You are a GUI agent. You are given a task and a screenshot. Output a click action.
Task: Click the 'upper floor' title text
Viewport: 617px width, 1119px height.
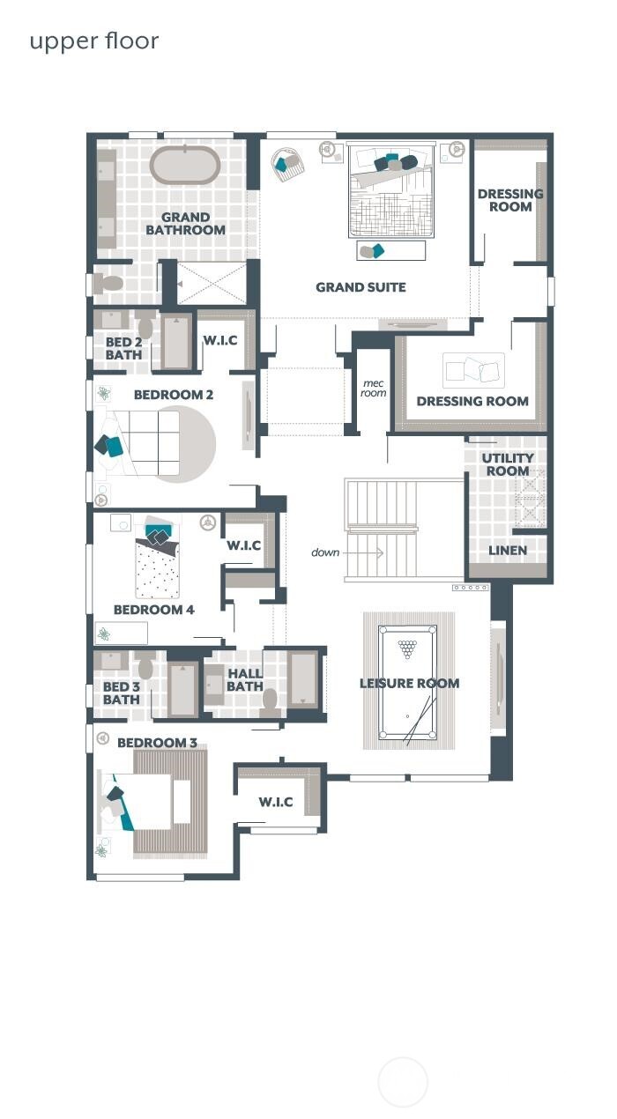coord(94,41)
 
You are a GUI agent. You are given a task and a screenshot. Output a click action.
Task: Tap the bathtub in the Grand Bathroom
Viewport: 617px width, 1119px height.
coord(185,165)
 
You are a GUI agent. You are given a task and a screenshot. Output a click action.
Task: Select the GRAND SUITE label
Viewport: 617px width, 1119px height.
coord(361,287)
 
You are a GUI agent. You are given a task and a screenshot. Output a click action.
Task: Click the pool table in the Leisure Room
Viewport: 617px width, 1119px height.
coord(407,683)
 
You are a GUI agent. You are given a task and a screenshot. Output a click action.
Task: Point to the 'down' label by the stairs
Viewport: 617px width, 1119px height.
coord(325,552)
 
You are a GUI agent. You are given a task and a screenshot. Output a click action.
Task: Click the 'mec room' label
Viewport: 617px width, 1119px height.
coord(374,388)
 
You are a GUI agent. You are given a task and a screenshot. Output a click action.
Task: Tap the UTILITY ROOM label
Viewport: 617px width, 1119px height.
coord(507,464)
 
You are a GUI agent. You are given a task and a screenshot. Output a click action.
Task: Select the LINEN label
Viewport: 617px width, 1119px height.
coord(507,551)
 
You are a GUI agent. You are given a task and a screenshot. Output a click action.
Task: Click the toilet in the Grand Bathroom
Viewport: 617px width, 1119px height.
coord(109,284)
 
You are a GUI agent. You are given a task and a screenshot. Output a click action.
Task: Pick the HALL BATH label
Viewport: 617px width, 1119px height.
coord(244,680)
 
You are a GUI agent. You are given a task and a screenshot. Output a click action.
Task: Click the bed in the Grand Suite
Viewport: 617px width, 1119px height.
coord(391,189)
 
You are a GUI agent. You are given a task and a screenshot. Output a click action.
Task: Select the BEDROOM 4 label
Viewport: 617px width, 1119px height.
coord(153,610)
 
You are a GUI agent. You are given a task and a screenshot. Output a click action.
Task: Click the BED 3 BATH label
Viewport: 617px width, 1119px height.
coord(121,693)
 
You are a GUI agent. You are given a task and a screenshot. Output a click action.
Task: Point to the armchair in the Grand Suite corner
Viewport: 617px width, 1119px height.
coord(286,163)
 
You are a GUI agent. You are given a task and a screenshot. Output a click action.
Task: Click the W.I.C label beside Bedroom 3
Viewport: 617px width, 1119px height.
coord(275,803)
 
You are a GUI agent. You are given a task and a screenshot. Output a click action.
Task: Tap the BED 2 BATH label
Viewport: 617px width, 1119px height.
coord(123,349)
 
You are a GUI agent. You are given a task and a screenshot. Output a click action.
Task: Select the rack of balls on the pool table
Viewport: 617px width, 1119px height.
coord(407,649)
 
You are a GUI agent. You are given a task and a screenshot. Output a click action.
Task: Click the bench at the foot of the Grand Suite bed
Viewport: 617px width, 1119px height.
coord(390,251)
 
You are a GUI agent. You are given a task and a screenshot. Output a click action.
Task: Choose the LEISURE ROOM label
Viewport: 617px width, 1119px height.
coord(409,684)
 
